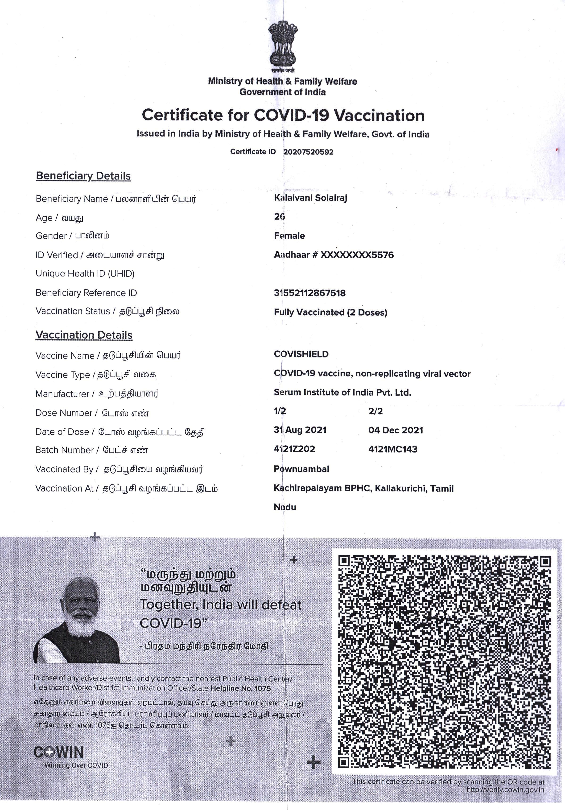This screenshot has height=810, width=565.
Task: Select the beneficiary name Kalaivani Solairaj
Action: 311,198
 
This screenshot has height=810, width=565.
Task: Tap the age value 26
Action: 280,217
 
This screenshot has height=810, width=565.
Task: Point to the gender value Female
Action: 289,236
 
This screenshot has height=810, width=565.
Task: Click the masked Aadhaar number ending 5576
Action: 334,255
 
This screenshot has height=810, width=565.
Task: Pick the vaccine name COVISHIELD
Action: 301,354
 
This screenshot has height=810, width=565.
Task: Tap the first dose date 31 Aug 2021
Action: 300,430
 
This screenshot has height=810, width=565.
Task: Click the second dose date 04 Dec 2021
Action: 396,430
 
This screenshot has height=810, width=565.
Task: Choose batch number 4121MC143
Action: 393,449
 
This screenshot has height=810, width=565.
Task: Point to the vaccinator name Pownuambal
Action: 301,469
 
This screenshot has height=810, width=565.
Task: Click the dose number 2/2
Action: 375,411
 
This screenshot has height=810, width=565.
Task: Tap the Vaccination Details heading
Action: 84,335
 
